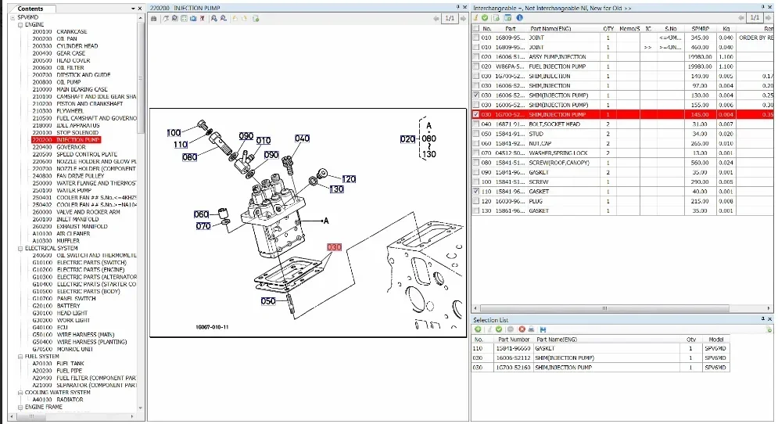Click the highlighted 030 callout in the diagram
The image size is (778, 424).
pos(335,247)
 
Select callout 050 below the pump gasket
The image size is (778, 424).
pos(267,301)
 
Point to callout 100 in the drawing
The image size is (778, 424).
pos(174,133)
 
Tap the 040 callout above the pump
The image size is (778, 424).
pos(302,138)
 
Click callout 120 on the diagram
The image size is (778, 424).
pos(349,179)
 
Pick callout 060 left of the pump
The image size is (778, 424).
pos(201,214)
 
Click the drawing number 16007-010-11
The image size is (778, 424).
pos(212,327)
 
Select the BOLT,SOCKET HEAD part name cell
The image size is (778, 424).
pos(554,124)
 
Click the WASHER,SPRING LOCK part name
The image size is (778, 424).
pos(558,153)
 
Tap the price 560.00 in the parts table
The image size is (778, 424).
pos(700,163)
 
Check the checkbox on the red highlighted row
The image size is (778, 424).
pos(476,114)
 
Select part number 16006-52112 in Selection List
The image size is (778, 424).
pos(514,358)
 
